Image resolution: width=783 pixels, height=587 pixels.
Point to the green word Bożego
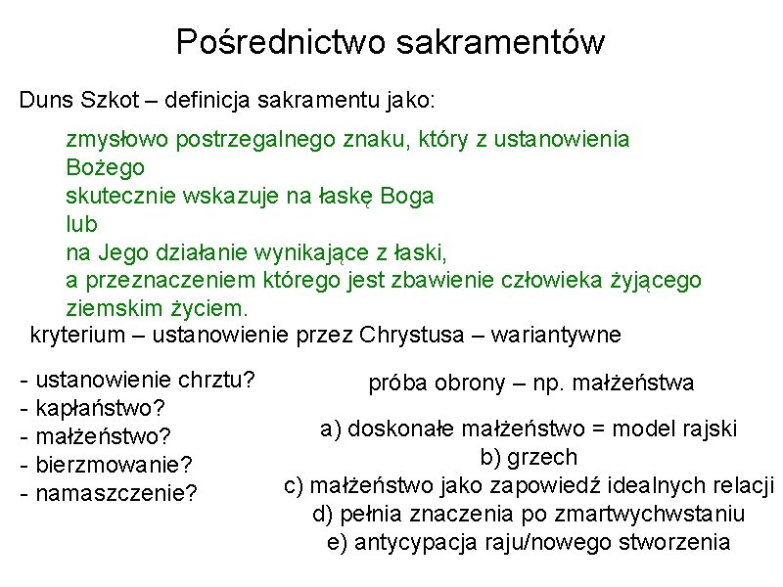point(106,167)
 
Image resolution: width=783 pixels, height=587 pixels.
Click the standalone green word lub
point(82,224)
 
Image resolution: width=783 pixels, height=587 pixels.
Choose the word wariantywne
point(549,336)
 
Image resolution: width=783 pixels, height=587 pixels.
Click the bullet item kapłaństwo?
point(98,406)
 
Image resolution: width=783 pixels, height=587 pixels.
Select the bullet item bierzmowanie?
point(113,461)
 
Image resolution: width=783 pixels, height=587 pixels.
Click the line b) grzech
point(529,457)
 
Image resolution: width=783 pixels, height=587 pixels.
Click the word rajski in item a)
point(710,429)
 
